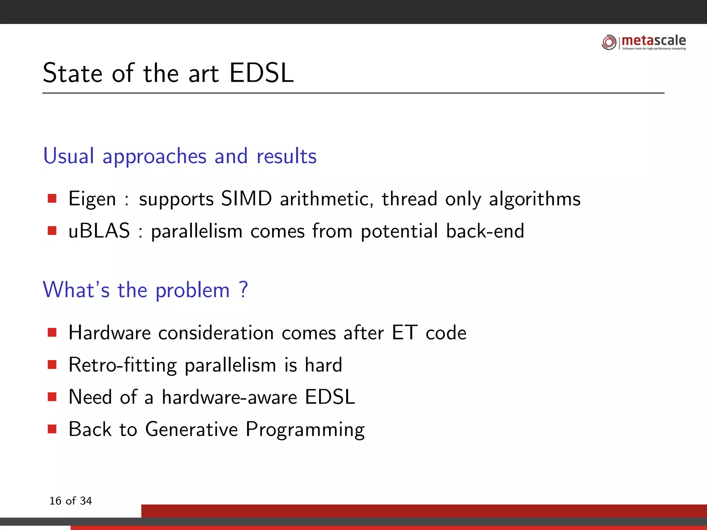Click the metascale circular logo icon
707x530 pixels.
(x=609, y=42)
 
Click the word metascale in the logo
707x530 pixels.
(x=653, y=40)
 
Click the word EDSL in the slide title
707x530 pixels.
(x=261, y=73)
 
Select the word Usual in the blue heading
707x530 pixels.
(x=69, y=156)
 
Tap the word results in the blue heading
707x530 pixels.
(x=287, y=156)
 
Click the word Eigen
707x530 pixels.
(x=92, y=199)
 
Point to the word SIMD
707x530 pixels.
(x=246, y=199)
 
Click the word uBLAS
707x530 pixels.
(x=99, y=231)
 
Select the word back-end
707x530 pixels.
(x=485, y=231)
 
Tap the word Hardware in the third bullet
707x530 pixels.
(x=110, y=333)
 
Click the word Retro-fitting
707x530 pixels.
(x=123, y=365)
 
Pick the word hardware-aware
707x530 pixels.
(x=230, y=397)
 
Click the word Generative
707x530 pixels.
(x=192, y=429)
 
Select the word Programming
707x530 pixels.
(x=305, y=430)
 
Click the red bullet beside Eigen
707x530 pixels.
(x=52, y=198)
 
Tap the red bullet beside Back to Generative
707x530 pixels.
(x=52, y=429)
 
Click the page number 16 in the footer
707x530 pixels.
(x=55, y=501)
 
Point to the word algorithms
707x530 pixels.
(x=535, y=199)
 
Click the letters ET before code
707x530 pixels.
(x=405, y=333)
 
